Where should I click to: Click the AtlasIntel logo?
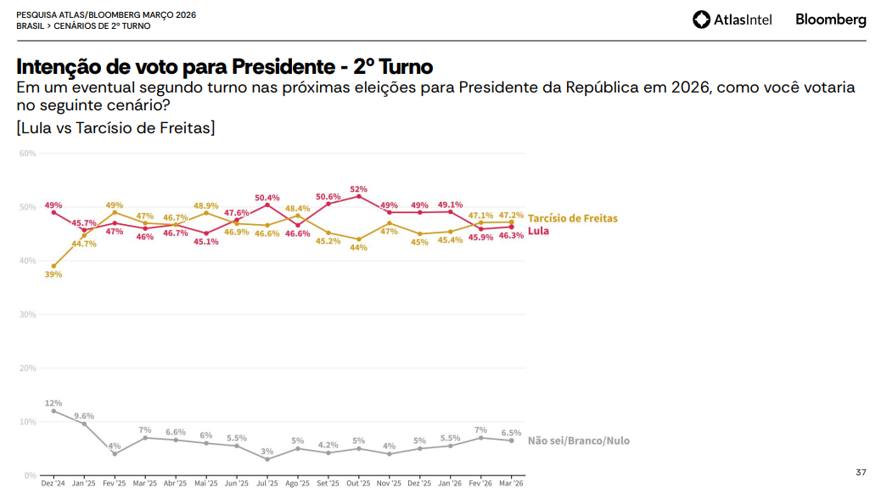pos(732,20)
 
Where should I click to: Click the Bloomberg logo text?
pos(830,20)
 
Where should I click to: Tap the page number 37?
pos(861,472)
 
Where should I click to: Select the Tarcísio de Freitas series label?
pos(572,218)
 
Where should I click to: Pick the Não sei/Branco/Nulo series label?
pos(578,441)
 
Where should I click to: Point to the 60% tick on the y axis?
pos(27,154)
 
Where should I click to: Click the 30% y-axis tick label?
pos(27,314)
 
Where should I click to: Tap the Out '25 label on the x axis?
pos(358,483)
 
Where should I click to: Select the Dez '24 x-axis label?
pos(53,483)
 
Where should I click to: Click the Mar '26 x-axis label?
pos(511,483)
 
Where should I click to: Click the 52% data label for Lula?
pos(358,189)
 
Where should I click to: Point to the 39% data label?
pos(53,274)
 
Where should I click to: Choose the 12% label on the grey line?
pos(53,403)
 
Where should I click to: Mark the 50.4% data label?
pos(267,198)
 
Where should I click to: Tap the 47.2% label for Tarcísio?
pos(511,215)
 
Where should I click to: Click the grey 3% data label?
pos(267,452)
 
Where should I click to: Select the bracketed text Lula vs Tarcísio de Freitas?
pos(115,128)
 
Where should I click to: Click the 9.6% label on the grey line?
pos(84,416)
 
